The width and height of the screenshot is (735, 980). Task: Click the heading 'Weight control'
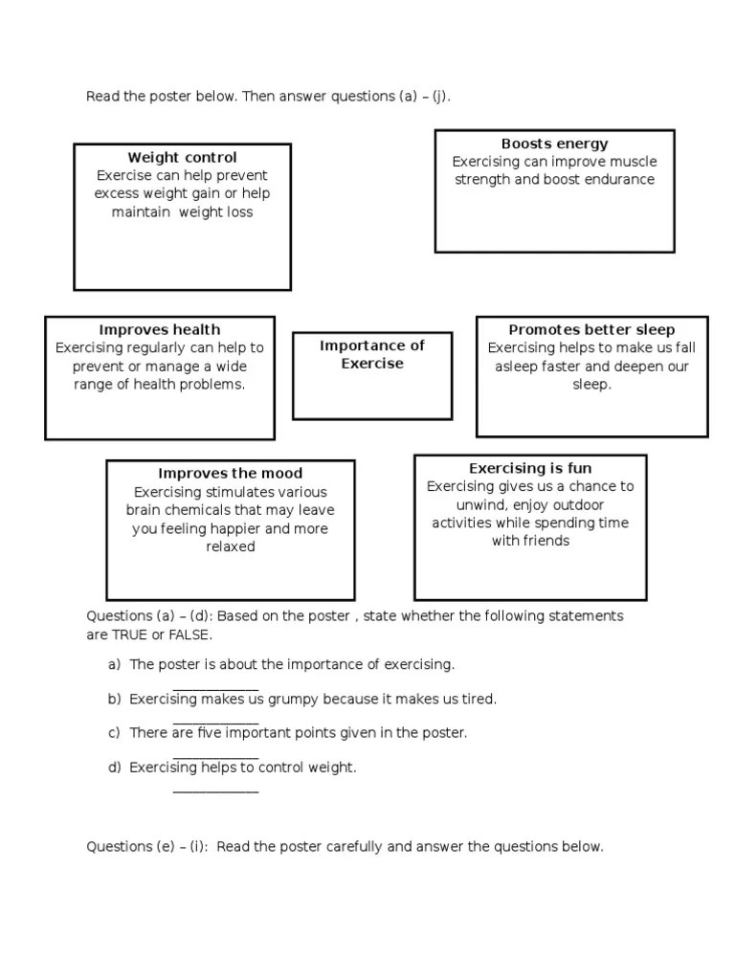[x=182, y=158]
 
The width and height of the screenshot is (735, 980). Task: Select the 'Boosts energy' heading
[x=554, y=145]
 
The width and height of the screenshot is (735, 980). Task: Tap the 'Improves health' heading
[x=160, y=330]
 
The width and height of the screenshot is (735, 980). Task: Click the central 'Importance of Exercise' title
[x=372, y=355]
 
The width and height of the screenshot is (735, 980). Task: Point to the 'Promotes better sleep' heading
[x=591, y=330]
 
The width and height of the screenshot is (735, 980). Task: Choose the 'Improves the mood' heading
[x=230, y=474]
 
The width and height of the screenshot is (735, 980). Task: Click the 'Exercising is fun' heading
[x=530, y=469]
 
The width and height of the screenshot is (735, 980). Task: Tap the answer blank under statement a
[x=215, y=687]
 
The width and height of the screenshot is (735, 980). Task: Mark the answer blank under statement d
[x=215, y=790]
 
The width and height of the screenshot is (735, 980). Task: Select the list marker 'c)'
[x=114, y=733]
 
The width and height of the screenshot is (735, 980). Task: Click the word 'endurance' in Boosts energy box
[x=619, y=180]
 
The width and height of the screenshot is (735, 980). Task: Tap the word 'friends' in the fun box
[x=546, y=542]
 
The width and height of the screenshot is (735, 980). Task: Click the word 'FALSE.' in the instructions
[x=189, y=635]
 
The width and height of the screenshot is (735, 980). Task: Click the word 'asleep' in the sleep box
[x=518, y=367]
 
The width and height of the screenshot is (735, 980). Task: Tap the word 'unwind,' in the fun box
[x=481, y=505]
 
